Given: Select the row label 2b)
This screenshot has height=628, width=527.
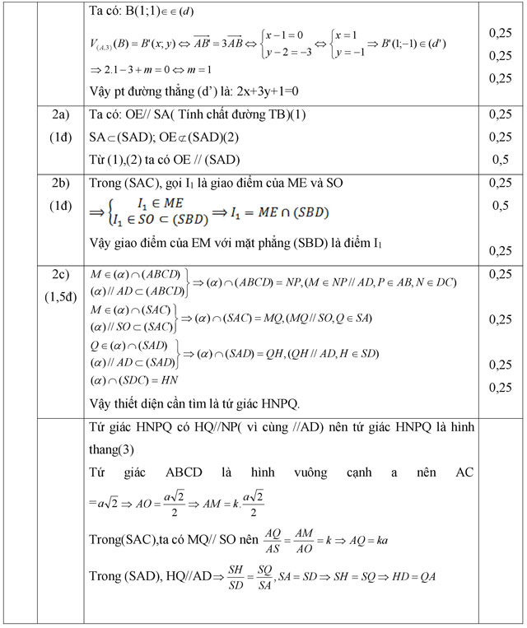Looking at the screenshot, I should click(x=60, y=184).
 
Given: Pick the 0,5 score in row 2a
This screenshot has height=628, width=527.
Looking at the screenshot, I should click(x=499, y=160).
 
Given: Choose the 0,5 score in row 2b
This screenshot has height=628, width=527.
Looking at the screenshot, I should click(x=499, y=205).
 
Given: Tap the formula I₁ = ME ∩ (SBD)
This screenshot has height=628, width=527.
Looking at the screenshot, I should click(x=280, y=213).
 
